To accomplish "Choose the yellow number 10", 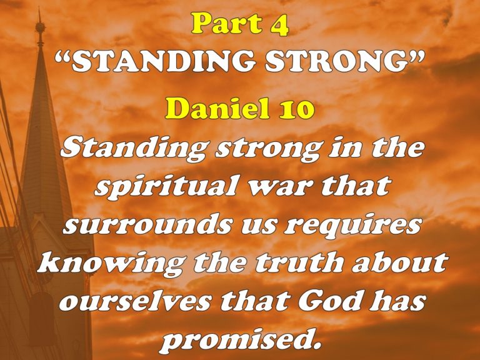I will click(294, 110).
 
